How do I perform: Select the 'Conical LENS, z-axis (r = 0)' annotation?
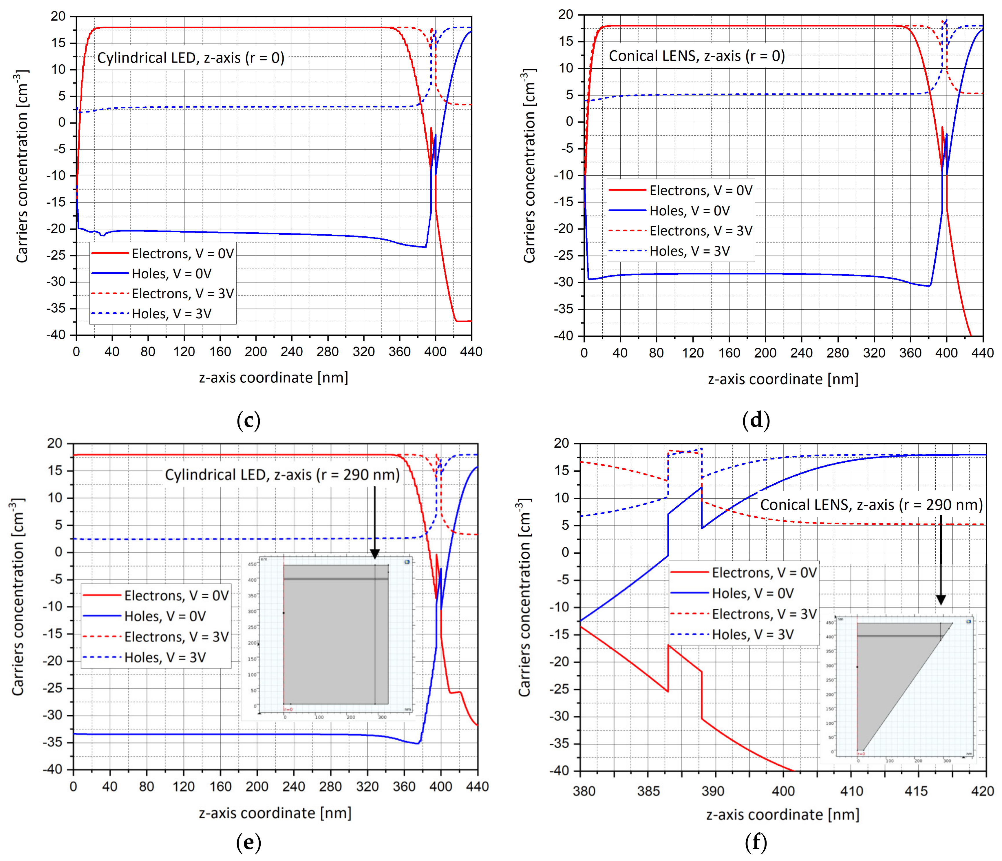[x=696, y=56]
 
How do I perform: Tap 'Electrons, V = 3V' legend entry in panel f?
[x=764, y=614]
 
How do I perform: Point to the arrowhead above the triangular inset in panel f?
[x=941, y=600]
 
